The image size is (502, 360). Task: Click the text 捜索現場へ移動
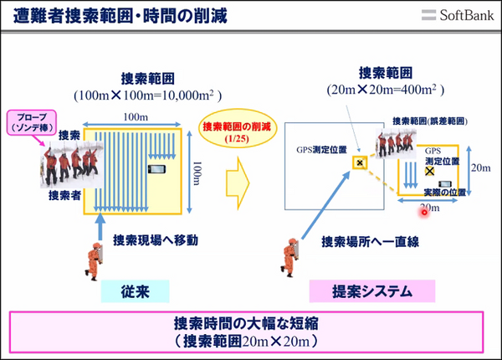[155, 240]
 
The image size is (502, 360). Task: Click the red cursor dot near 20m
[425, 213]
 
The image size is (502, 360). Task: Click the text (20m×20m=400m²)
[384, 90]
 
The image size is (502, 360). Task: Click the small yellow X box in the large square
[360, 162]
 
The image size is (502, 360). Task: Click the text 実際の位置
[443, 192]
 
